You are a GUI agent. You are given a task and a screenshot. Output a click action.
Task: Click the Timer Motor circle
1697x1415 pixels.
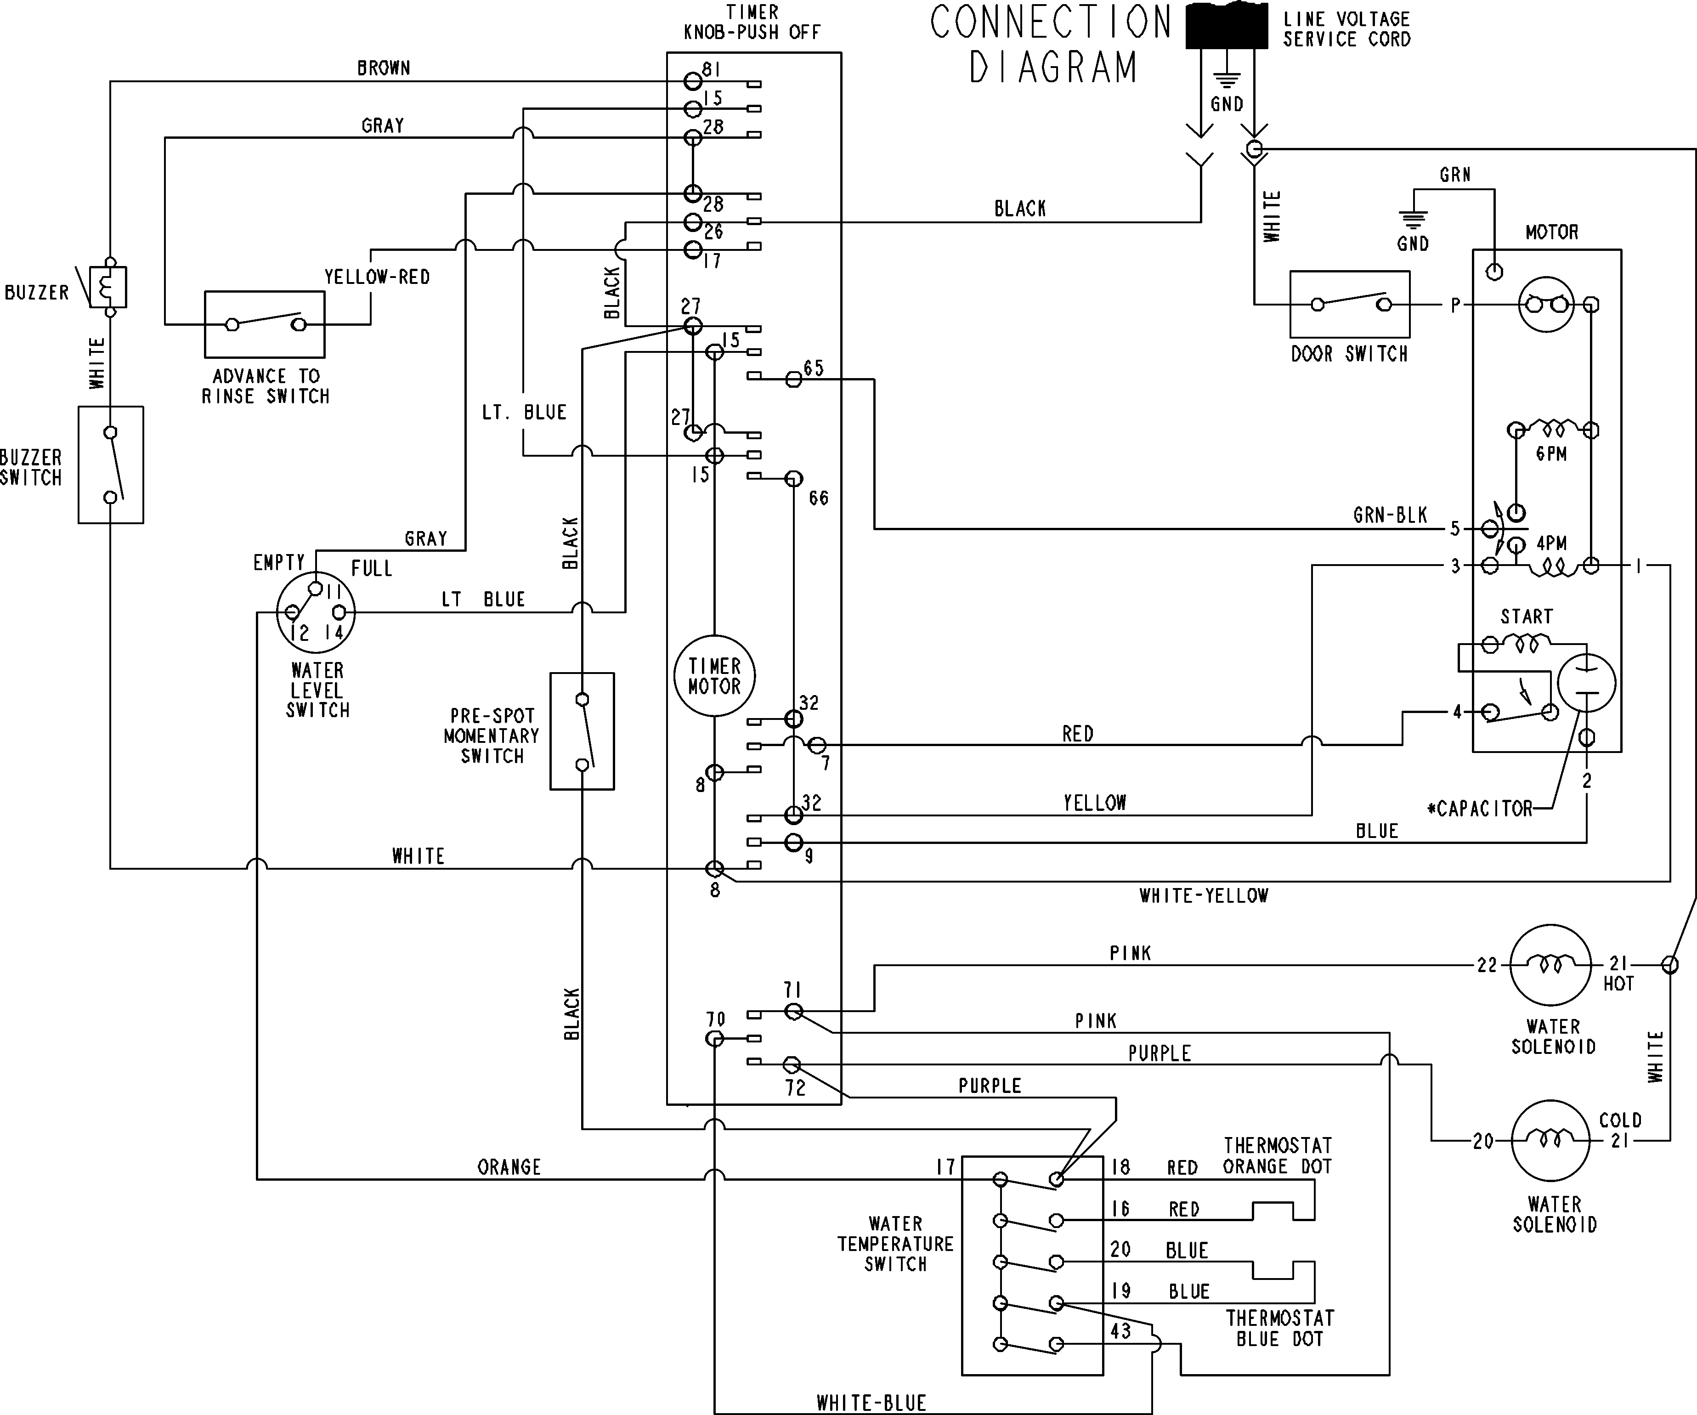(714, 676)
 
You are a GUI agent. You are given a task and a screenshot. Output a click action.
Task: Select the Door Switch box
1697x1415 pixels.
(1350, 305)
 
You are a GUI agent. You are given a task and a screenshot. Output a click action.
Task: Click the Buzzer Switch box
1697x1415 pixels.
(111, 464)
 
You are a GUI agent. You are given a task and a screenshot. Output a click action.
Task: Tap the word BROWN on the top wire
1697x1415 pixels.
(384, 68)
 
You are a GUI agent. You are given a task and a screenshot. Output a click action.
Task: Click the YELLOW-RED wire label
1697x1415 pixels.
(377, 277)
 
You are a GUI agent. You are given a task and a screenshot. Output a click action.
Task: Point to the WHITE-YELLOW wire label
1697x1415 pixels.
(1203, 895)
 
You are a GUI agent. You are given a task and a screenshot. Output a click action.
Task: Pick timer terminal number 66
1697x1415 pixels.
(819, 498)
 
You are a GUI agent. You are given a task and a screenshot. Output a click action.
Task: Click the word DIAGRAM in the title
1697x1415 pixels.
(1053, 68)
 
